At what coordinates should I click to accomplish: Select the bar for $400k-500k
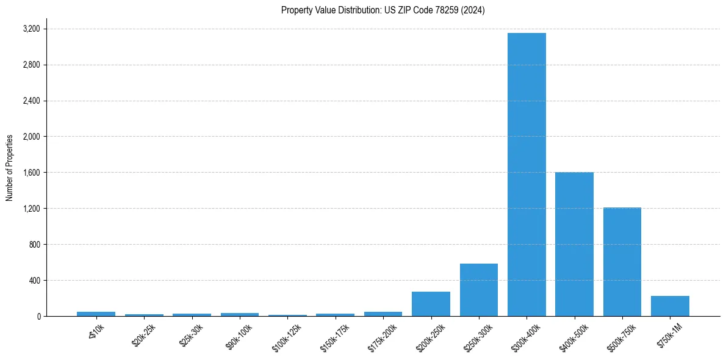pos(574,244)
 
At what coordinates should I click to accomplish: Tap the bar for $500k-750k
pos(622,262)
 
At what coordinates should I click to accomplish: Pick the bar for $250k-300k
pos(479,290)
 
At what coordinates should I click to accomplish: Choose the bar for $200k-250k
pos(431,304)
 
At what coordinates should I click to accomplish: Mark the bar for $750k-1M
pos(670,306)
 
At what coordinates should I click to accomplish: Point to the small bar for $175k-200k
pos(383,314)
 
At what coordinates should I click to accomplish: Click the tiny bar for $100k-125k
pos(287,315)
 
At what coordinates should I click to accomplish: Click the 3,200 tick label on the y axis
pos(31,29)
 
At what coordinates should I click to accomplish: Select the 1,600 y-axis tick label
pos(31,173)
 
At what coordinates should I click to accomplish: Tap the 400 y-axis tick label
pos(34,281)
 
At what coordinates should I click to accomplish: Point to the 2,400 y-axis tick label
pos(31,101)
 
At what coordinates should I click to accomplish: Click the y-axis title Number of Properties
pos(10,167)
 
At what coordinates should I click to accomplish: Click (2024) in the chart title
pos(474,10)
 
